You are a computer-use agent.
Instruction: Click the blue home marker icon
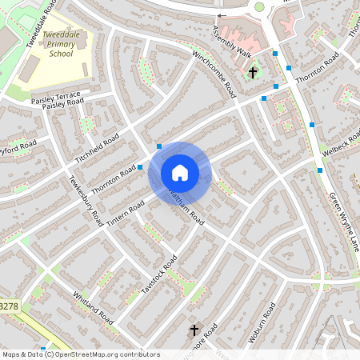[x=180, y=173]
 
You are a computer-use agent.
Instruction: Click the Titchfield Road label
[x=98, y=146]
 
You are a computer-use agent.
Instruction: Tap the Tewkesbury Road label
[x=86, y=200]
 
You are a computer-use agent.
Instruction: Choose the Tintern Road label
[x=126, y=213]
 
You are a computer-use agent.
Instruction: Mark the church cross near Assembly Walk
[x=253, y=73]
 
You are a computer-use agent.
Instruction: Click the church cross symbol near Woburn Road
[x=193, y=330]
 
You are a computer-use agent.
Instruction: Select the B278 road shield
[x=8, y=306]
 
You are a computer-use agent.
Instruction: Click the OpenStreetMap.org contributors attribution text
[x=104, y=354]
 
